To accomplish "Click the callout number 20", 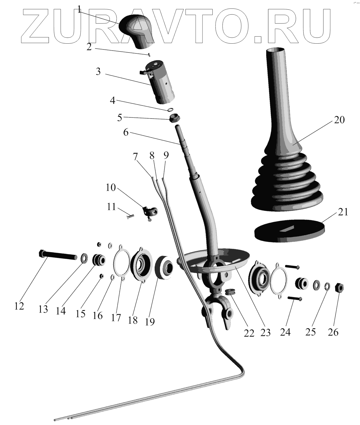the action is click(339, 120).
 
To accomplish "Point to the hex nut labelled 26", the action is click(339, 288).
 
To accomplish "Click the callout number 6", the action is click(126, 132).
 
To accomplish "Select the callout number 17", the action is click(116, 318).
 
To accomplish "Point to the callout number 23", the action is click(266, 332).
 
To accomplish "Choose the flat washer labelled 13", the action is click(84, 258).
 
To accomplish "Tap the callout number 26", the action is click(333, 332).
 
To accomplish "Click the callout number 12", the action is click(19, 306).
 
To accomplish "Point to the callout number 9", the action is click(166, 155).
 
